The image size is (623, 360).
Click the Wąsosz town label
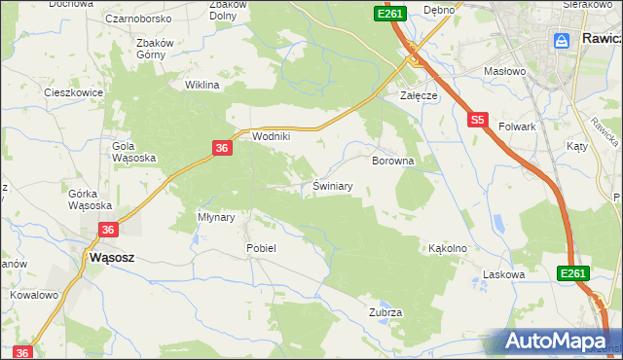(x=111, y=259)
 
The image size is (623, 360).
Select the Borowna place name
(x=393, y=160)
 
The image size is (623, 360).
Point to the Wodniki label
(x=272, y=137)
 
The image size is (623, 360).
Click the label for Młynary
(x=216, y=218)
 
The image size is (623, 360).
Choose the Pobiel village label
(x=261, y=248)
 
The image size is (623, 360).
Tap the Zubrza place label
(x=385, y=312)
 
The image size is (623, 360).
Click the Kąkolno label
(x=448, y=248)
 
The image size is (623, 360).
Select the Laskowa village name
(x=504, y=275)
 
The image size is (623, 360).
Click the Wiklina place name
(x=202, y=86)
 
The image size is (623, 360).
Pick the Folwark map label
(x=518, y=126)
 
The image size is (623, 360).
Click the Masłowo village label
(x=504, y=71)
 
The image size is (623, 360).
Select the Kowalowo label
(x=34, y=294)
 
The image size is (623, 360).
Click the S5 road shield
(x=476, y=121)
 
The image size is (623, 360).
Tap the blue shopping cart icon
(x=562, y=40)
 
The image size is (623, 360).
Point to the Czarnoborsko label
(x=139, y=18)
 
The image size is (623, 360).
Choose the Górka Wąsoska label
(x=90, y=199)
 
